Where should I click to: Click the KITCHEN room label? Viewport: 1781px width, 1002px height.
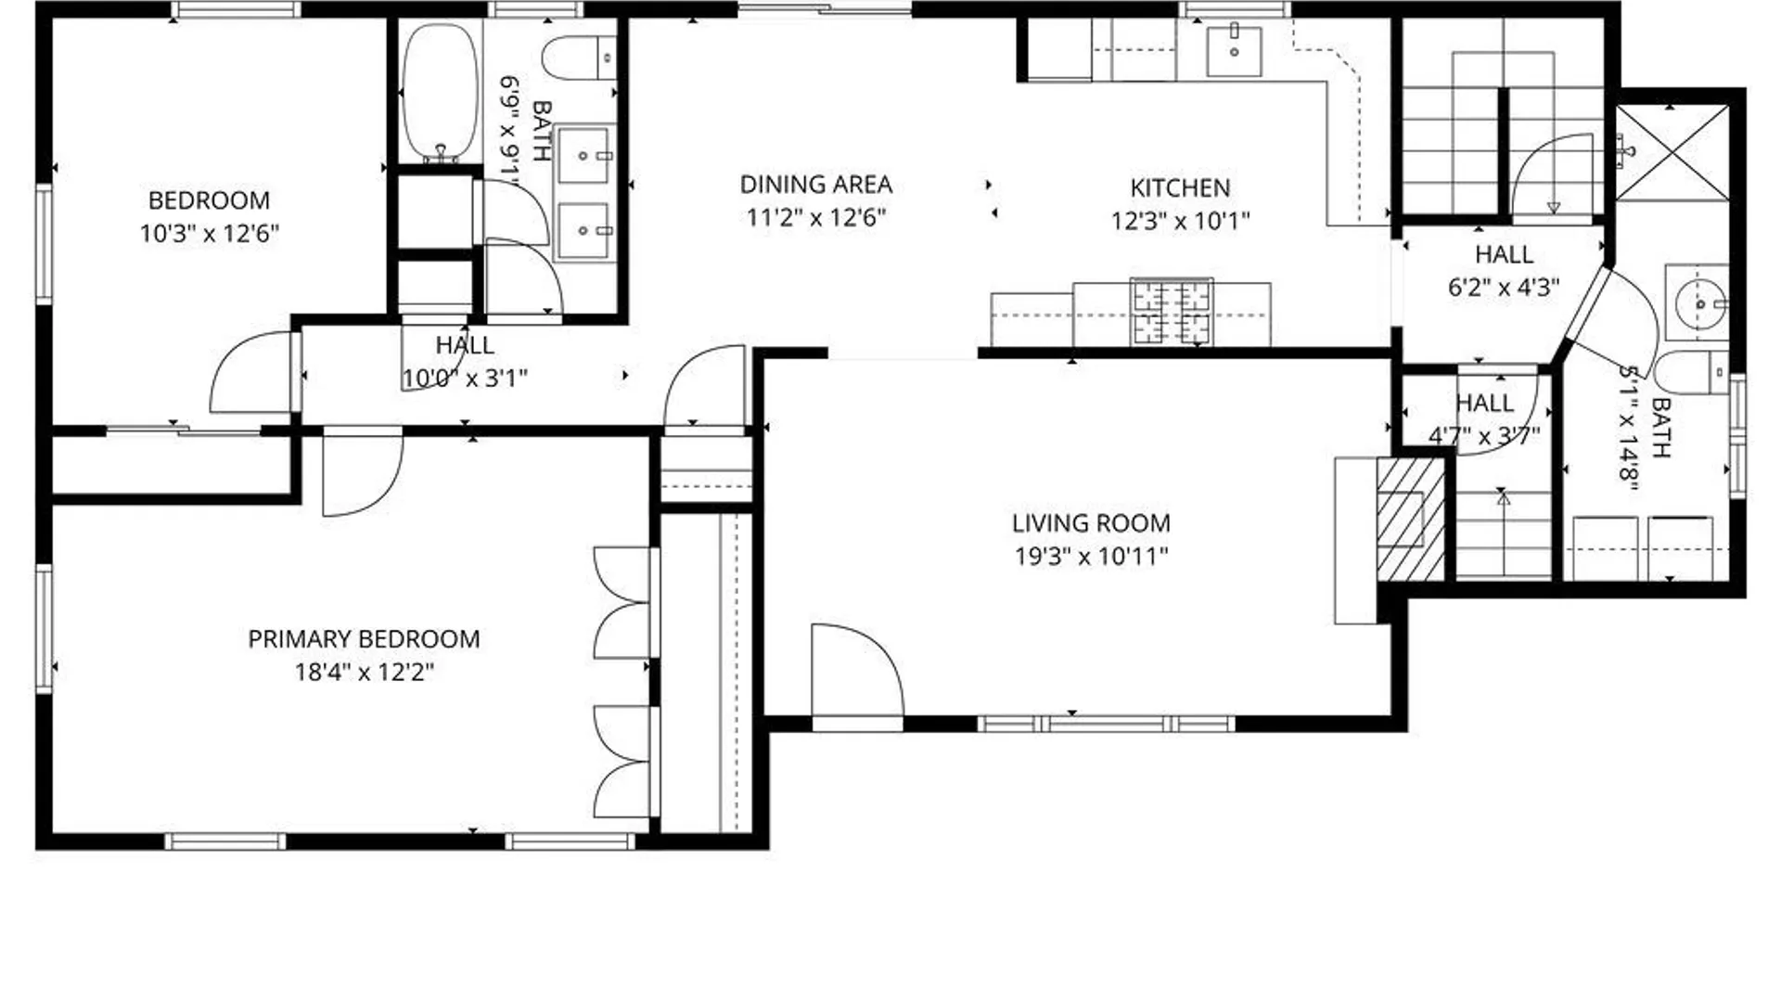pyautogui.click(x=1180, y=187)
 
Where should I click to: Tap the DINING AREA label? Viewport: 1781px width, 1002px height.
pyautogui.click(x=816, y=185)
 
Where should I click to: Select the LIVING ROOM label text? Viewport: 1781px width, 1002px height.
pyautogui.click(x=1091, y=523)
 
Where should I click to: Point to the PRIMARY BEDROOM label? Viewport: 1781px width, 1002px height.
pyautogui.click(x=364, y=639)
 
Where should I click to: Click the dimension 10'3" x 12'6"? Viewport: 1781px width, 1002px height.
pyautogui.click(x=210, y=233)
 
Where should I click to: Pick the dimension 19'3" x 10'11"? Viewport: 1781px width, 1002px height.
pyautogui.click(x=1091, y=557)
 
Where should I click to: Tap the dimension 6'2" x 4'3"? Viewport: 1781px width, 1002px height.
pyautogui.click(x=1504, y=288)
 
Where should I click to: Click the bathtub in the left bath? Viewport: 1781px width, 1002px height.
pyautogui.click(x=441, y=93)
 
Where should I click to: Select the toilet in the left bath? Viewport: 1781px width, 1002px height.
pyautogui.click(x=579, y=58)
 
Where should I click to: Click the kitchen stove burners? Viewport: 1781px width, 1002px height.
pyautogui.click(x=1172, y=311)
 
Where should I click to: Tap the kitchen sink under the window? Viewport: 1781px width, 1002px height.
pyautogui.click(x=1234, y=51)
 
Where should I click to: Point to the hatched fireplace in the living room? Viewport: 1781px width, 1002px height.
pyautogui.click(x=1411, y=520)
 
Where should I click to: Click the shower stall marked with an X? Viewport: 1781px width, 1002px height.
pyautogui.click(x=1672, y=153)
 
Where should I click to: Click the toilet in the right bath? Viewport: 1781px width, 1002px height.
pyautogui.click(x=1692, y=373)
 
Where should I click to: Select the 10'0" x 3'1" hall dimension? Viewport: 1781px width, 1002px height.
pyautogui.click(x=465, y=379)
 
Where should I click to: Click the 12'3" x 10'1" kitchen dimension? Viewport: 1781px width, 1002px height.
pyautogui.click(x=1180, y=221)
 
